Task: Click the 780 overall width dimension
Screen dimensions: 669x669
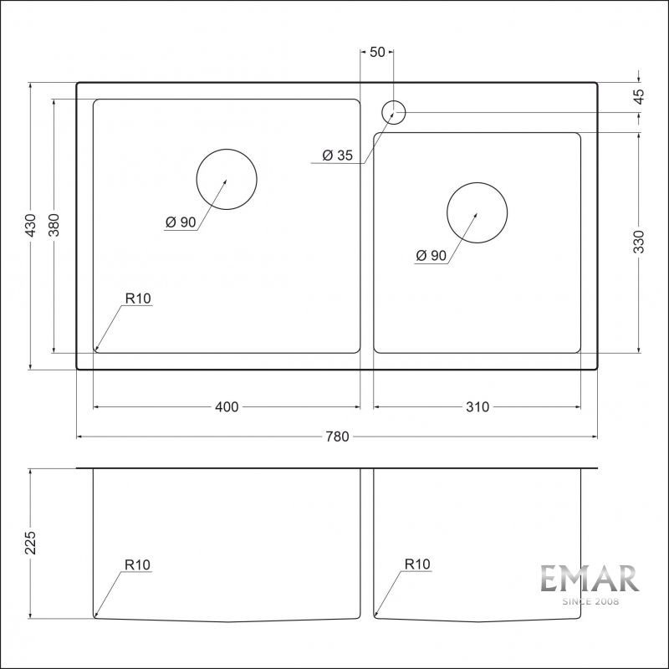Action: (x=336, y=437)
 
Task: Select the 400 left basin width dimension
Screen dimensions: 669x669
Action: (x=227, y=407)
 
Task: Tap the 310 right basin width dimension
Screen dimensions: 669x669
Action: (x=477, y=407)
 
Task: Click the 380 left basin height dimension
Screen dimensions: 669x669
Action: (x=54, y=226)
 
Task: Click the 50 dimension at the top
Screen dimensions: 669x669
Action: (x=376, y=52)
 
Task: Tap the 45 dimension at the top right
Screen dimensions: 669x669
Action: (x=639, y=96)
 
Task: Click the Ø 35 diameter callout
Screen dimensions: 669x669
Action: (x=338, y=155)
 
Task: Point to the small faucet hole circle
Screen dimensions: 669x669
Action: (x=393, y=111)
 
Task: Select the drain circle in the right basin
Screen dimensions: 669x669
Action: (x=477, y=213)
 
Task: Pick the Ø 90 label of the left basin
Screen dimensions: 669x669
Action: (x=181, y=222)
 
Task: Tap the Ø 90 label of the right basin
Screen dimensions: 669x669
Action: (x=431, y=256)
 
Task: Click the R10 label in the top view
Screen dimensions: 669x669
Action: (x=137, y=298)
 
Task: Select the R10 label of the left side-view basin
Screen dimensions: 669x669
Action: (x=137, y=565)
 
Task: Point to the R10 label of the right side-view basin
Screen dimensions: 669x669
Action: (x=416, y=565)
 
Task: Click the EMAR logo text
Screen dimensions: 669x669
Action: (x=589, y=580)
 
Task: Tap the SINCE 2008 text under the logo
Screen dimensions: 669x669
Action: (x=589, y=601)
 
